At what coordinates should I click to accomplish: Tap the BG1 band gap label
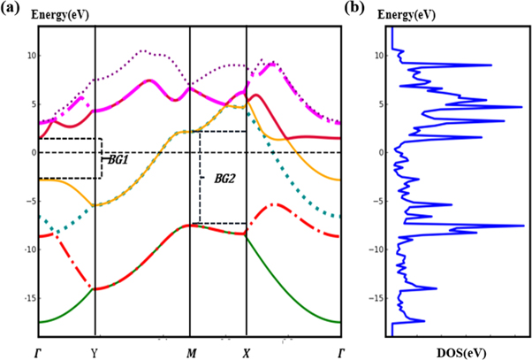(x=118, y=159)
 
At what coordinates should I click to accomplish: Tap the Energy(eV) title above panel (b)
(x=412, y=15)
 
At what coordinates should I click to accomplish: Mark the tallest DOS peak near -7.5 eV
(x=522, y=226)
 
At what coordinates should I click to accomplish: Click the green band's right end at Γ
(x=340, y=322)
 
